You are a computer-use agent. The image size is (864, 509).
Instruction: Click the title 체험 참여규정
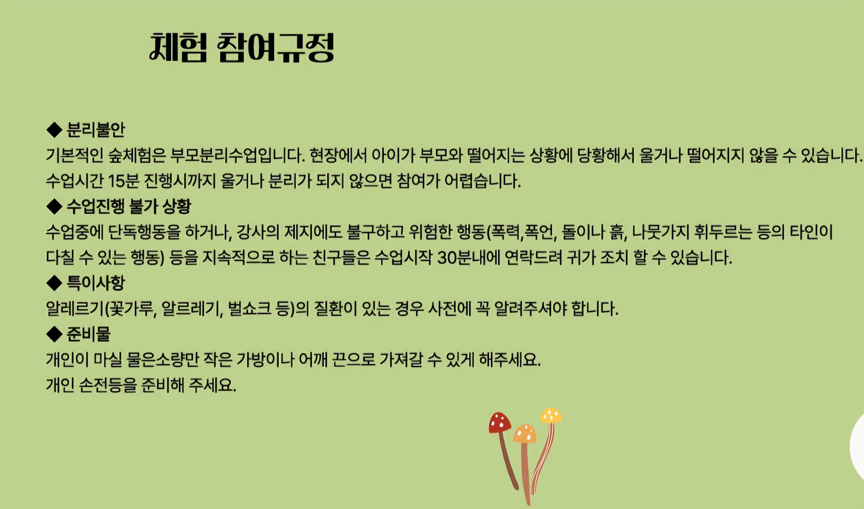242,48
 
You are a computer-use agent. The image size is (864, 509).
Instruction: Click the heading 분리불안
96,130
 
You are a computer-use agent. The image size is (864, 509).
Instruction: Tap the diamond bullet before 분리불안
54,130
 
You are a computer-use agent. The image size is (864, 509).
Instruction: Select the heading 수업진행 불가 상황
129,206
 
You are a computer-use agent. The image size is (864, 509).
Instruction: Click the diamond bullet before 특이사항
54,283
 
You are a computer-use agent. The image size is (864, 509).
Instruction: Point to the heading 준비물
88,334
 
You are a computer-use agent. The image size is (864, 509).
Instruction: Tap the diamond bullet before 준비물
54,334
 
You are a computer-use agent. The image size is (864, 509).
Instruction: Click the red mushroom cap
499,422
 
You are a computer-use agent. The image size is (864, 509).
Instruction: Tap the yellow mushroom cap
551,415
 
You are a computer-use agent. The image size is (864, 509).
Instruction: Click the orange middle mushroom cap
525,433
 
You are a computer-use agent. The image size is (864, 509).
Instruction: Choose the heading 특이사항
96,283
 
